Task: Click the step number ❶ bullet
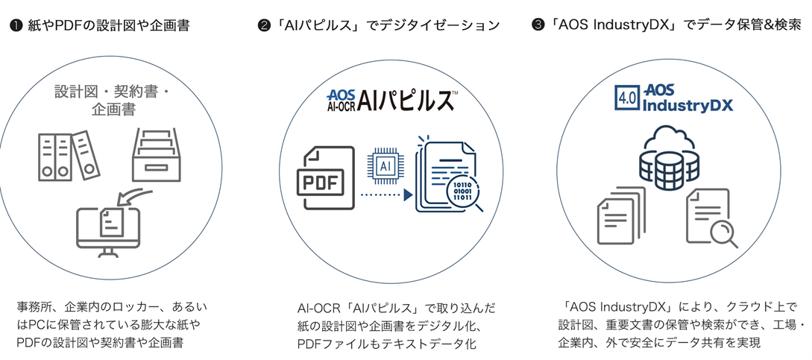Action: coord(15,26)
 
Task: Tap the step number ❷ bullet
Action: coord(263,26)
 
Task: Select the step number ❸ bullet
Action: coord(538,26)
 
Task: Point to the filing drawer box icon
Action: coord(156,155)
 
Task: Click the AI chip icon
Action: coord(386,165)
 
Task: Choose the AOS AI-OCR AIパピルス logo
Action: coord(392,100)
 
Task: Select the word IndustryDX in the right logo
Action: coord(687,105)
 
